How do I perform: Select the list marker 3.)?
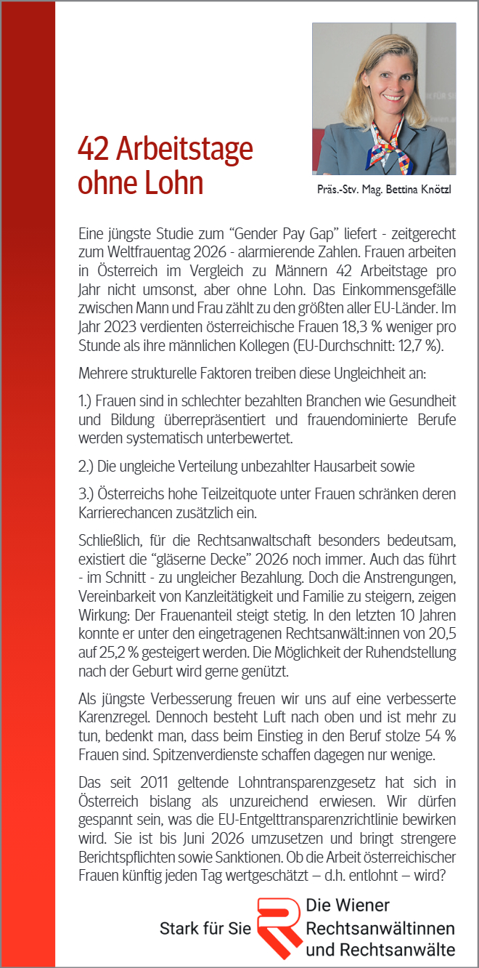(x=89, y=494)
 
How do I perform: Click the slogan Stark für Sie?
(x=205, y=929)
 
